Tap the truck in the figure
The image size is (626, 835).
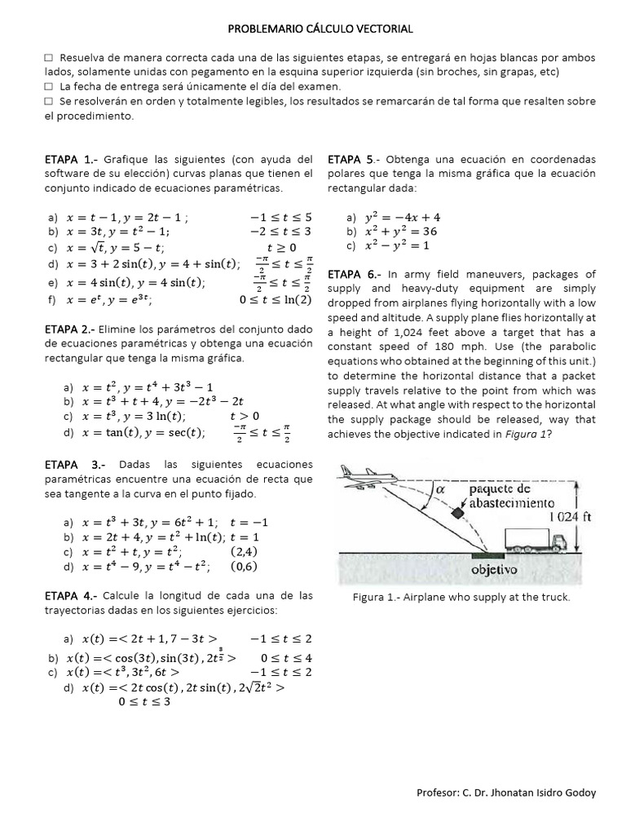534,539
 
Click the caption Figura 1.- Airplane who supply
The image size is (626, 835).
461,597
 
